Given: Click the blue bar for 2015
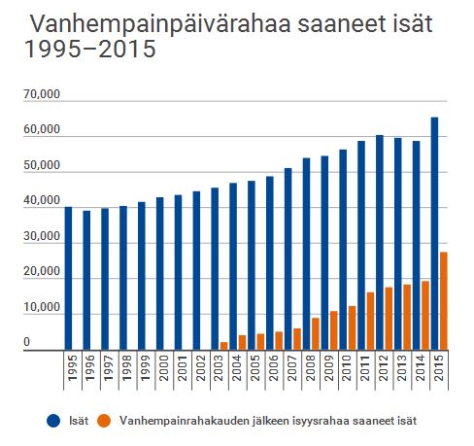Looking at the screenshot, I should click(434, 233).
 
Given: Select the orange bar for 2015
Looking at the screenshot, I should click(444, 301).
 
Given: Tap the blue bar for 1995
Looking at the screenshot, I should click(68, 278).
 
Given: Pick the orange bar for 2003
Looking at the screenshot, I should click(223, 346).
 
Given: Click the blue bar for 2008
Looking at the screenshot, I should click(306, 254).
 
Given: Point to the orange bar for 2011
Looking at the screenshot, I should click(370, 321).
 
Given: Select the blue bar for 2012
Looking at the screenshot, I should click(380, 242).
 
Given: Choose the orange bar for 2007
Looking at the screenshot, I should click(297, 339).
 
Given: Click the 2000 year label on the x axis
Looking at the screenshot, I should click(160, 368).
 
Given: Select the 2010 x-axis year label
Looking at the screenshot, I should click(343, 368).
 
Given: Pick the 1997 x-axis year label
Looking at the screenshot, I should click(105, 368).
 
